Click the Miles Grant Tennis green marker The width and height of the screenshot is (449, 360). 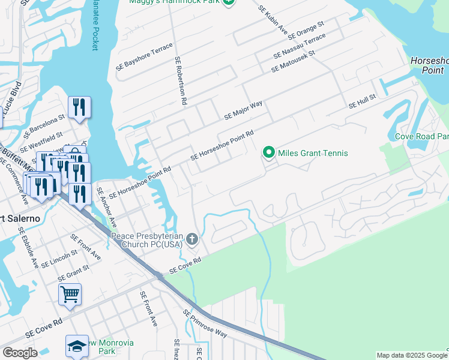click(x=270, y=153)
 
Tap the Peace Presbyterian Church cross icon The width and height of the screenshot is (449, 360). click(x=192, y=240)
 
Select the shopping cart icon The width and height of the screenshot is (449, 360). click(x=70, y=294)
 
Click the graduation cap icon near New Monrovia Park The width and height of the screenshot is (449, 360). click(x=77, y=345)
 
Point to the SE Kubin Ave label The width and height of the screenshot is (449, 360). click(x=273, y=19)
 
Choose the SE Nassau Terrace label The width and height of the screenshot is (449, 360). click(x=299, y=46)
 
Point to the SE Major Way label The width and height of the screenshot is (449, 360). click(x=243, y=110)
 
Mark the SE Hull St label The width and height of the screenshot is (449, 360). click(x=362, y=101)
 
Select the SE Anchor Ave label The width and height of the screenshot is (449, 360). click(x=106, y=207)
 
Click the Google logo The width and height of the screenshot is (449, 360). click(x=20, y=353)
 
